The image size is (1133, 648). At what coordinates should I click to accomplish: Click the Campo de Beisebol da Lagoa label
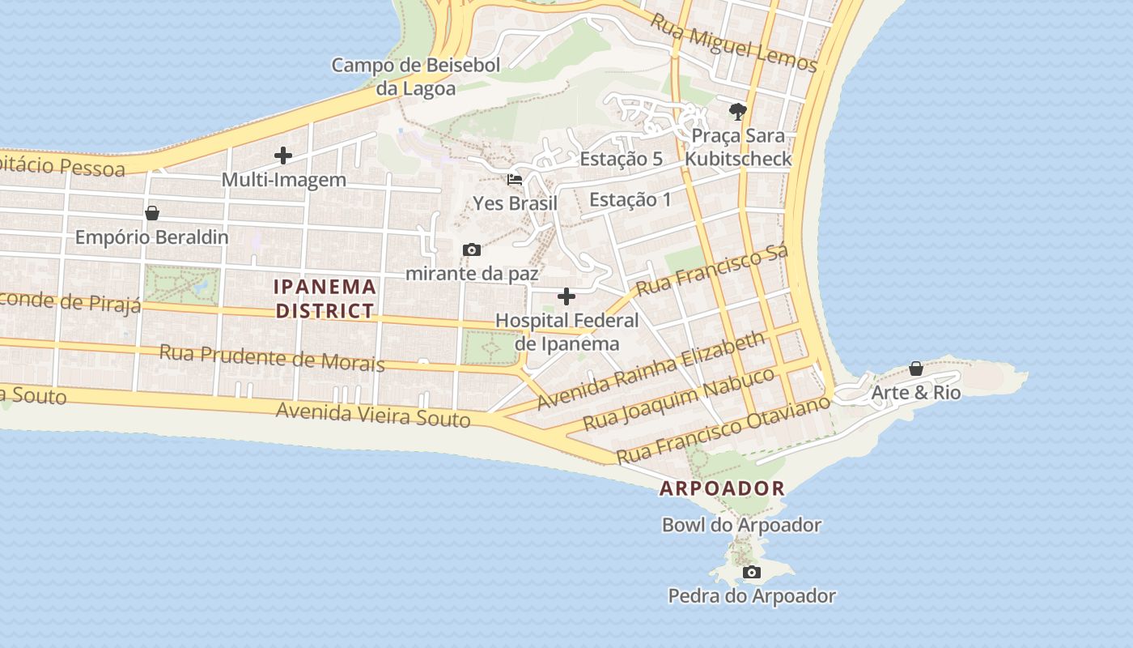click(x=416, y=77)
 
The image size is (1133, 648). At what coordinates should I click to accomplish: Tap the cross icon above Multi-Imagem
click(x=283, y=155)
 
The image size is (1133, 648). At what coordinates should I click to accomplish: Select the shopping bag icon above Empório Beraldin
click(x=151, y=214)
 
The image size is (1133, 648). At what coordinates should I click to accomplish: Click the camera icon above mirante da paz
click(x=471, y=249)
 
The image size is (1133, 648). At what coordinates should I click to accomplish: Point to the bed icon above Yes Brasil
click(x=515, y=179)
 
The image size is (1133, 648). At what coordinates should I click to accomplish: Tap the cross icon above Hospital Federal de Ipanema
click(x=566, y=296)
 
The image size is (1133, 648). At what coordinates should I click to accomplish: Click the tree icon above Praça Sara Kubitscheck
click(x=737, y=111)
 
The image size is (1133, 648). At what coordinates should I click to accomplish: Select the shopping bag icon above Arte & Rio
click(x=916, y=369)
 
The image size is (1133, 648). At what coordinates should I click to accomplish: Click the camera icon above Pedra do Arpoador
click(x=752, y=573)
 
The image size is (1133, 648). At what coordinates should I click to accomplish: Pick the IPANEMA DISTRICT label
click(x=325, y=298)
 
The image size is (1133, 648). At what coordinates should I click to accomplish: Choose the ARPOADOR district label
click(x=722, y=488)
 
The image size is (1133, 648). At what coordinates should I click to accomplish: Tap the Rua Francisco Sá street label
click(x=711, y=271)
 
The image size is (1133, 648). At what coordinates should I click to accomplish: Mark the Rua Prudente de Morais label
click(x=272, y=357)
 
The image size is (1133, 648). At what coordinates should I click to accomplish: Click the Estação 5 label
click(x=622, y=159)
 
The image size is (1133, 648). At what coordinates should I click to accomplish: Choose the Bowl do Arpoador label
click(x=741, y=525)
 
